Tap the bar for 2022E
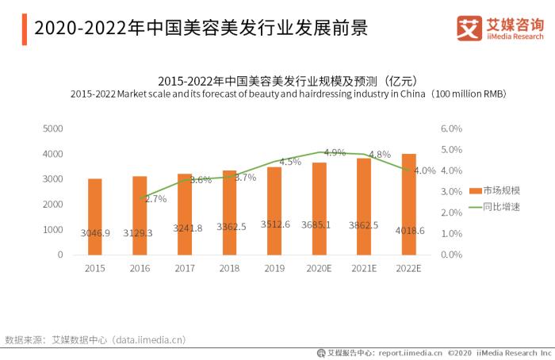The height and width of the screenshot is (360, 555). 408,204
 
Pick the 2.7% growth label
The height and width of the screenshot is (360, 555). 155,199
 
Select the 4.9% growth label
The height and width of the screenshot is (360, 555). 335,152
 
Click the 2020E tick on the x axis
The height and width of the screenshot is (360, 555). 319,269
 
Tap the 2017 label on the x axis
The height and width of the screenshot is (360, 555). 184,269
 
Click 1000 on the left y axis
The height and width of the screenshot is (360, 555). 52,229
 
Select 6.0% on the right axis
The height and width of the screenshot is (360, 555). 450,128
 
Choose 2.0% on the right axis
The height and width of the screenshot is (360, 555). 450,213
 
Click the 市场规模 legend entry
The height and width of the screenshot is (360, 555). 499,190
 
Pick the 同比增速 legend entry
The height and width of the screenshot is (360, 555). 499,207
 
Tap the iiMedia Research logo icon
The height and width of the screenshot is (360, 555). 469,29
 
